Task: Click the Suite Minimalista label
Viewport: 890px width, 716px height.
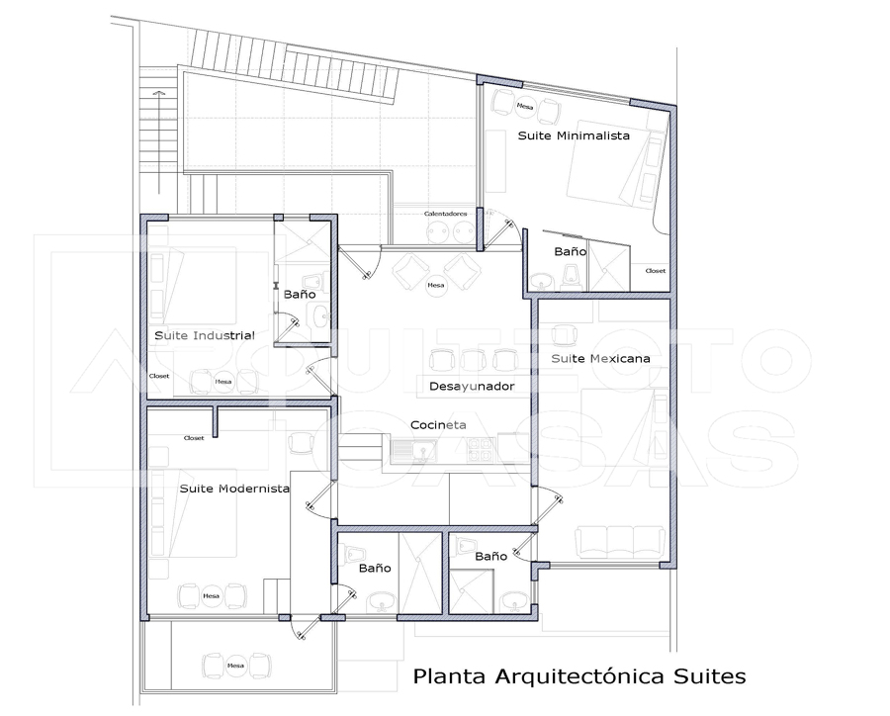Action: (574, 135)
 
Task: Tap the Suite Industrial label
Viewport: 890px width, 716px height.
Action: (205, 336)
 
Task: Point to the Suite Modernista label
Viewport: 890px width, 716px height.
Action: (234, 489)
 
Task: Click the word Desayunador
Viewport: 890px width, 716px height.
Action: (472, 386)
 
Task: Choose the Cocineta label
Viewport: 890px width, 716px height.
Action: (438, 425)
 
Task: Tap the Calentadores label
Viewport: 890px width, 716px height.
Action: (445, 213)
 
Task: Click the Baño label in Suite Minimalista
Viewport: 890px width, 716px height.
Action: (570, 252)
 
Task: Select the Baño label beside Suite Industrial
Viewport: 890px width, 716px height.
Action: (300, 294)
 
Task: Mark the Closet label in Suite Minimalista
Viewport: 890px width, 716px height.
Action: (656, 270)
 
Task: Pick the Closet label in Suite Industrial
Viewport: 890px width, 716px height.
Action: (159, 376)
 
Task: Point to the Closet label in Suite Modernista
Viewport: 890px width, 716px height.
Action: (194, 437)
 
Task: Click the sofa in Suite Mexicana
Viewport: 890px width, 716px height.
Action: (619, 540)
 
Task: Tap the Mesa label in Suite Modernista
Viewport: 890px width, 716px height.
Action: (211, 595)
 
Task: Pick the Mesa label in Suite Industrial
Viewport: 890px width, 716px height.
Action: (223, 381)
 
